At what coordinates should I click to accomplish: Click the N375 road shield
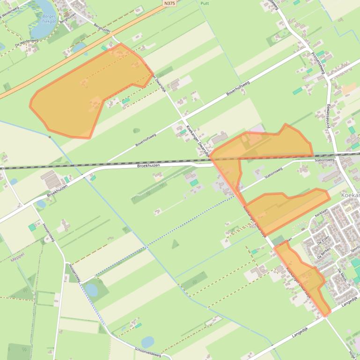click(169, 3)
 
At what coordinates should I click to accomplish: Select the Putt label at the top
click(205, 3)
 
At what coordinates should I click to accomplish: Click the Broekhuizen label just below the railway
click(148, 166)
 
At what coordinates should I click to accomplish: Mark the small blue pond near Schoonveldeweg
click(147, 342)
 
